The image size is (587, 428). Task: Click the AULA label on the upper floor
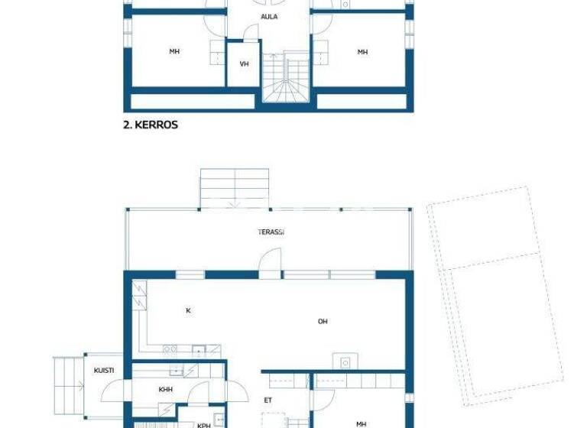tap(269, 16)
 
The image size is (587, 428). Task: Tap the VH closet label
tap(245, 64)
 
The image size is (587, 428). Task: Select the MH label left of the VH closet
tap(174, 52)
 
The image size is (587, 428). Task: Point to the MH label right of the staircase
tap(362, 52)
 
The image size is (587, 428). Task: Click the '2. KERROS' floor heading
tap(151, 124)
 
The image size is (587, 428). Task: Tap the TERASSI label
tap(271, 232)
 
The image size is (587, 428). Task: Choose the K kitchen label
tap(188, 311)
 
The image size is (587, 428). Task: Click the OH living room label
tap(323, 322)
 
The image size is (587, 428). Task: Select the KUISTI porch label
tap(104, 371)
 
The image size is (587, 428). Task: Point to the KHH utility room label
tap(165, 390)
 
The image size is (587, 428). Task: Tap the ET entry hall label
tap(268, 400)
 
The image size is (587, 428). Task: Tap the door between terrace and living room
tap(269, 262)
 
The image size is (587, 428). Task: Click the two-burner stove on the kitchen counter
tap(170, 350)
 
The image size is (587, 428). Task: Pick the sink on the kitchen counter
tap(199, 351)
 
